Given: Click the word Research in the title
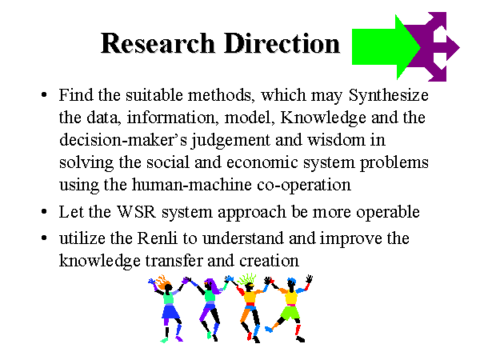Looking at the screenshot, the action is tap(158, 43).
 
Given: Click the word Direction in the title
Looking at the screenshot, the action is tap(282, 43).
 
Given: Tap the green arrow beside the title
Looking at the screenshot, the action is tap(386, 47).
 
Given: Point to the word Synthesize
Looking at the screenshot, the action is tap(389, 95).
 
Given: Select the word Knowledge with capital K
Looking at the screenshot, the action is tap(323, 118).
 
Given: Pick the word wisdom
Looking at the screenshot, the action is tap(336, 140).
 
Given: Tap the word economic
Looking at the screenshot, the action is tap(262, 162).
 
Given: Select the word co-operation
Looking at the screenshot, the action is tap(304, 186).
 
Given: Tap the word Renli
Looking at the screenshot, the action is tap(158, 238).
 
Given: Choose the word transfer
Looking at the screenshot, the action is tap(174, 261).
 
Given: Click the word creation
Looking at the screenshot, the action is tap(269, 261).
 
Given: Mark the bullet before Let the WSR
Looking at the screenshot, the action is tap(44, 211).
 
